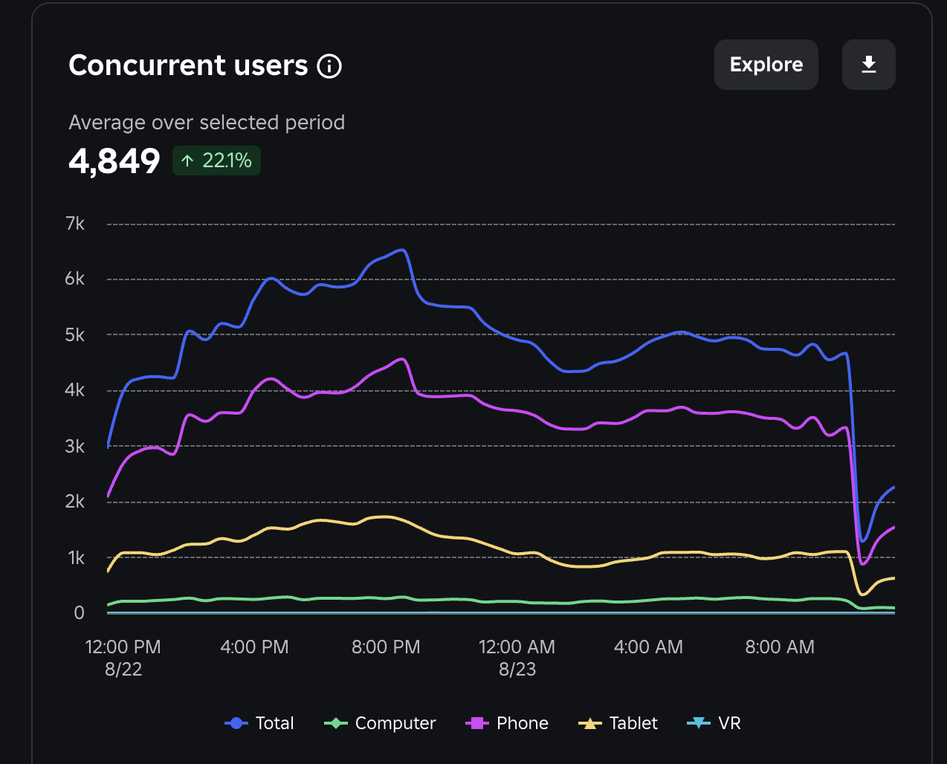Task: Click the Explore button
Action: click(x=766, y=65)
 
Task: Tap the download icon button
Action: click(x=868, y=65)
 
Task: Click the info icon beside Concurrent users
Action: click(x=329, y=66)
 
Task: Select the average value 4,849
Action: click(x=114, y=161)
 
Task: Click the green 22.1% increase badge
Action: click(x=216, y=161)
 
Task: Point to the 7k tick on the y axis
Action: click(x=75, y=224)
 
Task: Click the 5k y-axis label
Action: click(x=75, y=335)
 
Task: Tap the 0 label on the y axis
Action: click(x=79, y=613)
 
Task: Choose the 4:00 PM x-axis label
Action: click(x=254, y=647)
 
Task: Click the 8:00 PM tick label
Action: click(x=386, y=647)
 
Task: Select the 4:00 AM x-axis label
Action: click(x=648, y=647)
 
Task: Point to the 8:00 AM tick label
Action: click(x=780, y=647)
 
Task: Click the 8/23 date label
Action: click(x=517, y=669)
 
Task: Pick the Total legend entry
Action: click(x=259, y=723)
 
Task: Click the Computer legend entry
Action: click(x=381, y=723)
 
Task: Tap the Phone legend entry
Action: click(x=507, y=723)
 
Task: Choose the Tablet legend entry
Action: click(x=618, y=723)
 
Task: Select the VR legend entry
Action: click(x=714, y=723)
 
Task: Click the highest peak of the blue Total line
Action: click(x=402, y=250)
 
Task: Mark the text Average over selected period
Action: click(x=207, y=122)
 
